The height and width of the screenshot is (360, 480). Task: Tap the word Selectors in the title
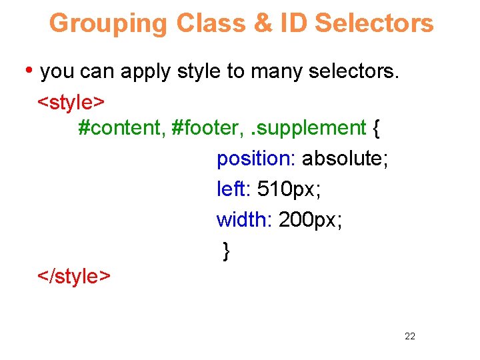(x=374, y=23)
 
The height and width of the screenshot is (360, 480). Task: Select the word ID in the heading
(x=294, y=23)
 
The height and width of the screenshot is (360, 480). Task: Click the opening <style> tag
(x=71, y=102)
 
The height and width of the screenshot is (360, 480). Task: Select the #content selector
(x=121, y=127)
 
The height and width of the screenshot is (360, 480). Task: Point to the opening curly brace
(x=377, y=128)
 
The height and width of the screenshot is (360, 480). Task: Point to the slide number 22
(x=409, y=336)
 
